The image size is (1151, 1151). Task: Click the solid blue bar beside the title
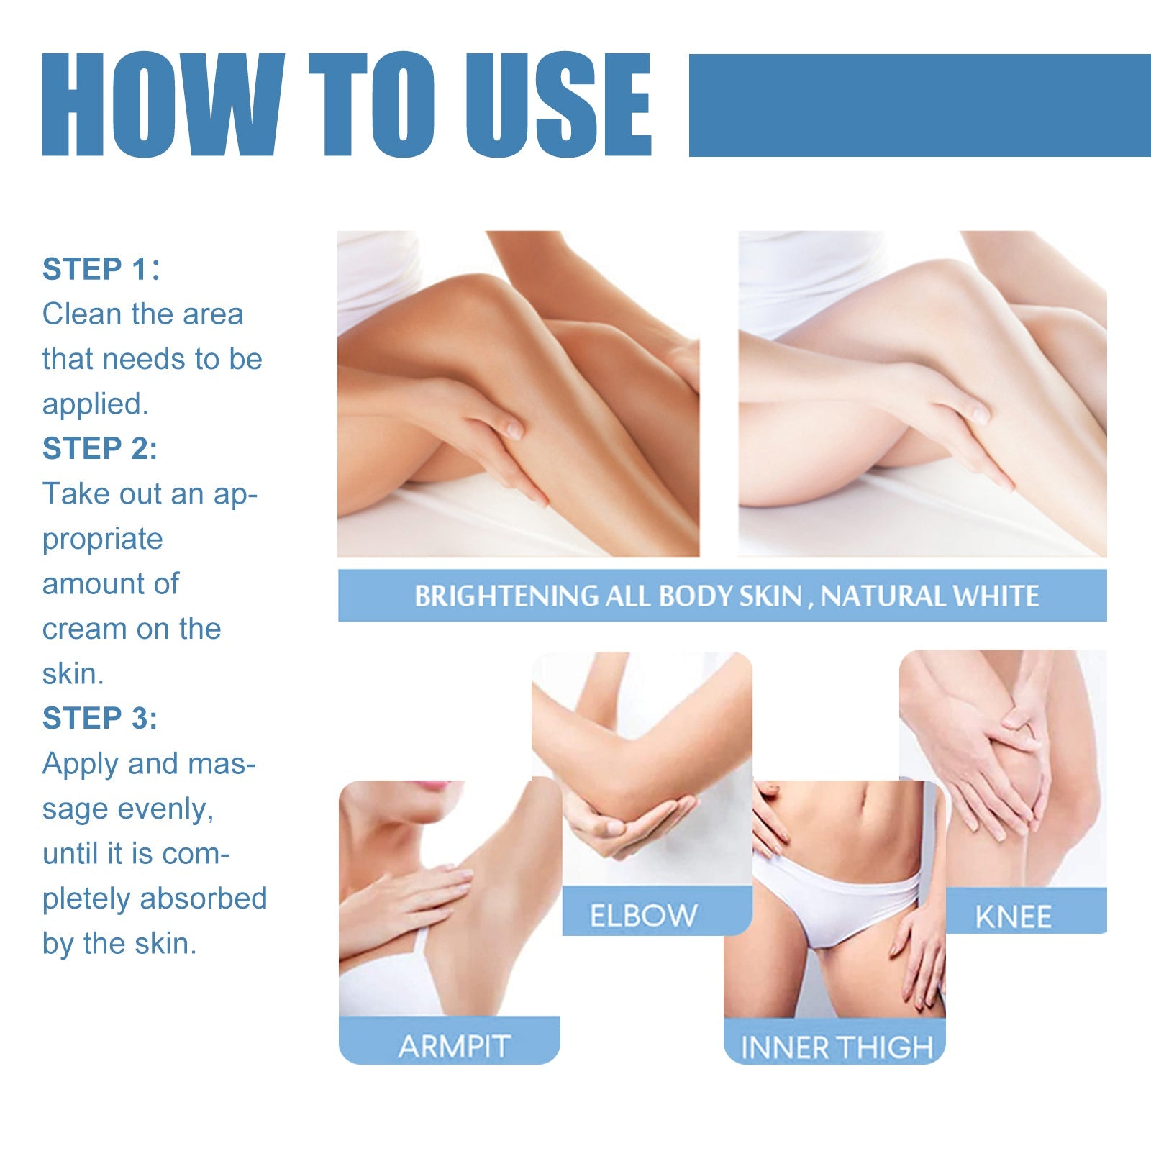click(919, 105)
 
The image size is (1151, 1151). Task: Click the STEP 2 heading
click(99, 448)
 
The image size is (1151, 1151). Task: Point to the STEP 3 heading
click(99, 718)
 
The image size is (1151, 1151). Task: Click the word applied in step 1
click(94, 404)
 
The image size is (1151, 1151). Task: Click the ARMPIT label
click(454, 1046)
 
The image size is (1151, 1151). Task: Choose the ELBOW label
click(643, 915)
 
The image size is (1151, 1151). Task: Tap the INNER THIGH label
click(836, 1047)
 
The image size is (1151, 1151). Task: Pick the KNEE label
click(1013, 916)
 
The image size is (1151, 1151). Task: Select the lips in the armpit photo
click(437, 786)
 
